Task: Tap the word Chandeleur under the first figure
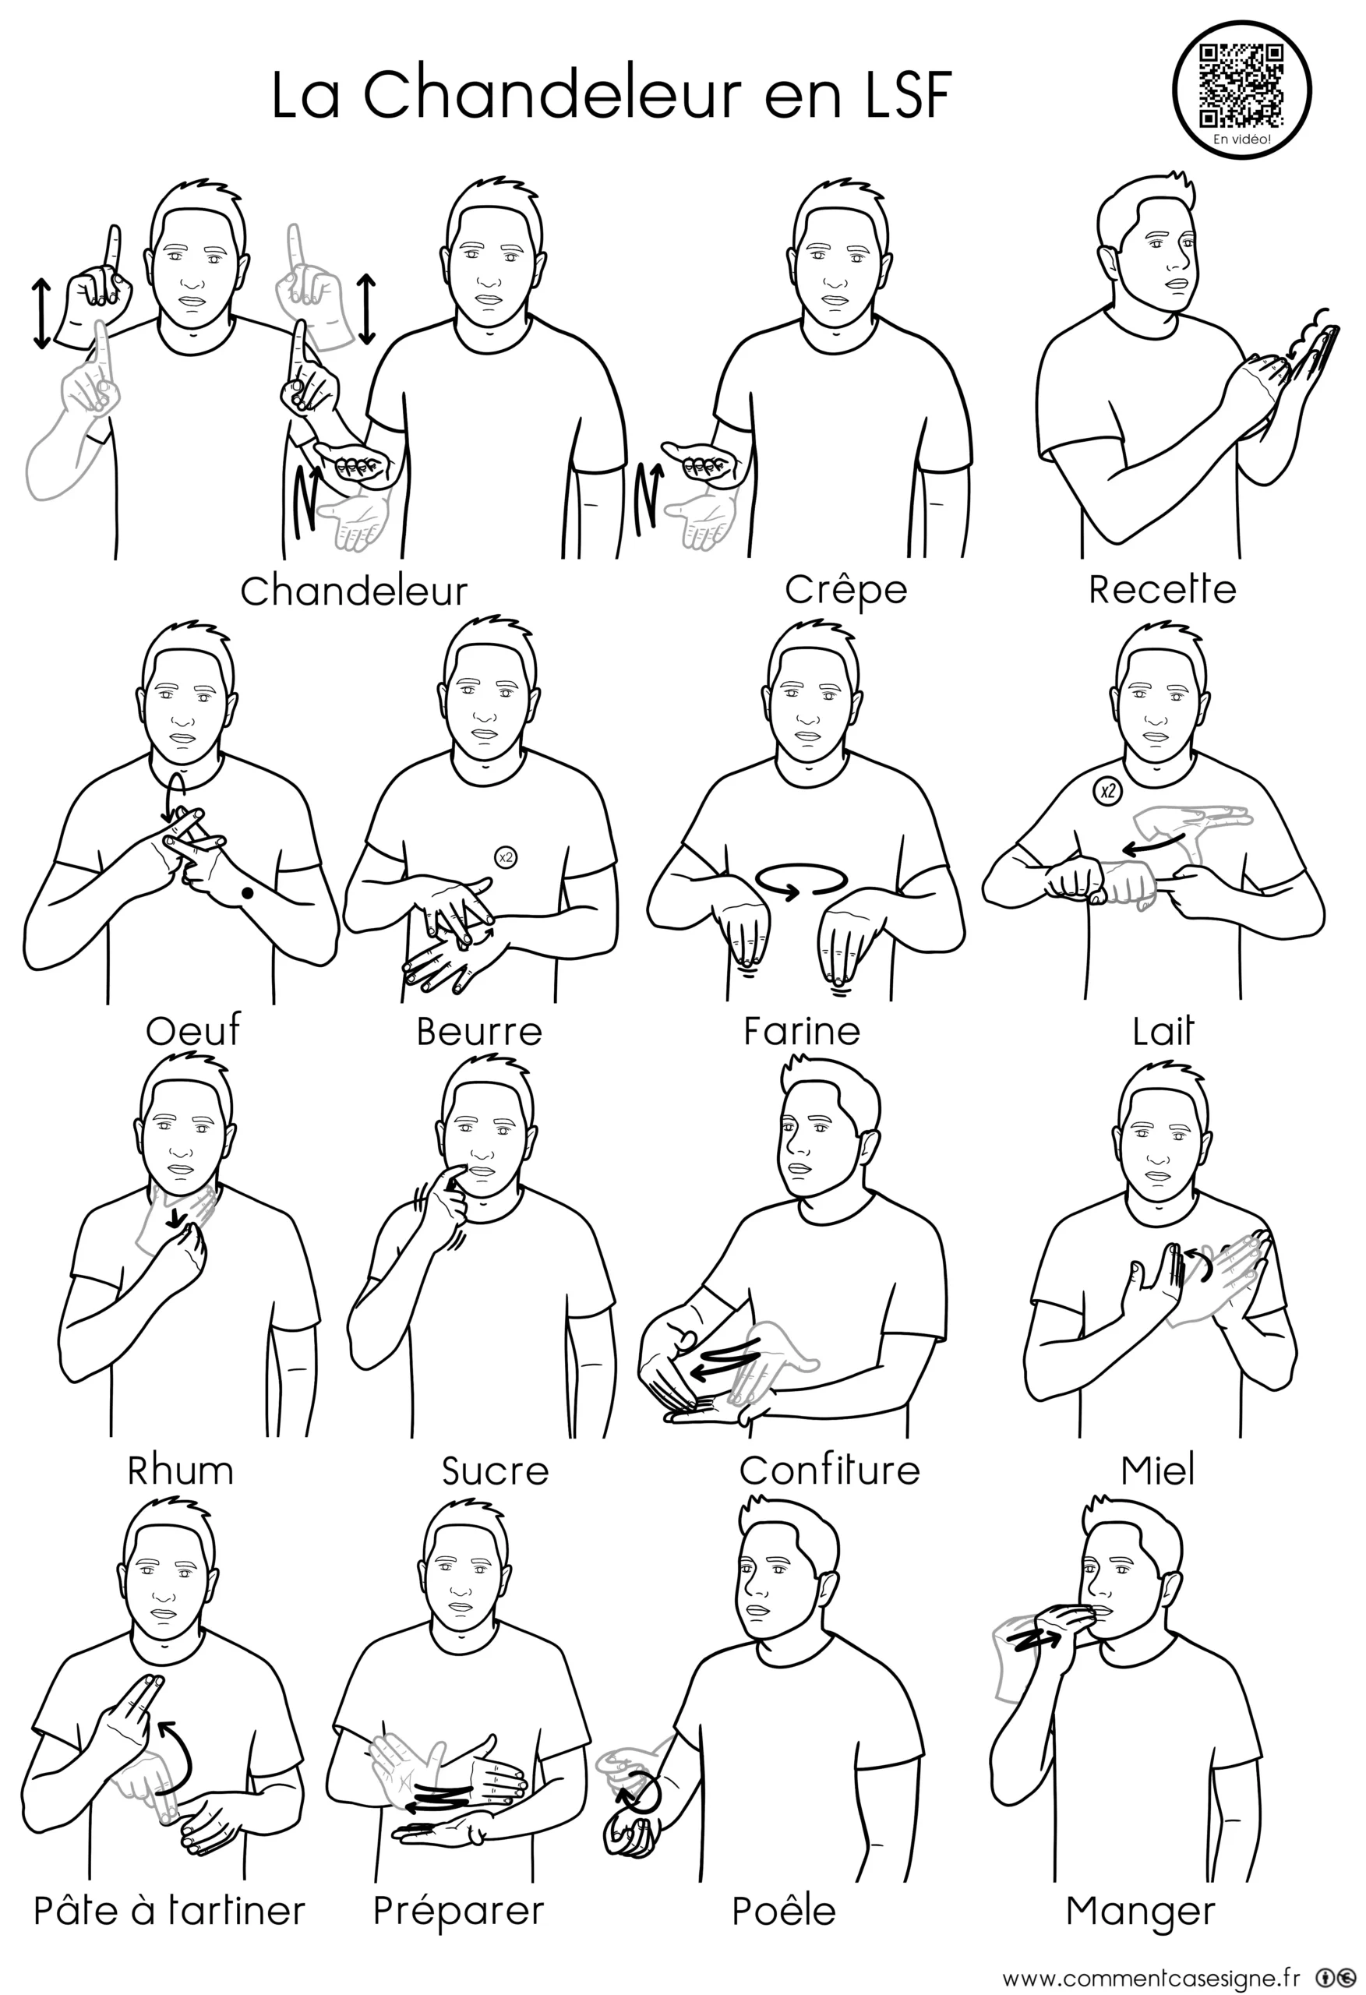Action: tap(354, 591)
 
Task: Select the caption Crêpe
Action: tap(845, 589)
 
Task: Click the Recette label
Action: tap(1162, 589)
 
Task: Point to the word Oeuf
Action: tap(193, 1030)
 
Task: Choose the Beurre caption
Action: tap(479, 1031)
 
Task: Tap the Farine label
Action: tap(802, 1030)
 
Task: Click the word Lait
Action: tap(1163, 1030)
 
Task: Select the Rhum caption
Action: tap(180, 1471)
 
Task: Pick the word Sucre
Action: tap(496, 1471)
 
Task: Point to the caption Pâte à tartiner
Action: tap(169, 1910)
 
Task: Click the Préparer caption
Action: tap(458, 1911)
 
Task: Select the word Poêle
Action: tap(784, 1910)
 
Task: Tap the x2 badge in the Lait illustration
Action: tap(1107, 791)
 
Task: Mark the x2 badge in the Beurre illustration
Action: tap(506, 856)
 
